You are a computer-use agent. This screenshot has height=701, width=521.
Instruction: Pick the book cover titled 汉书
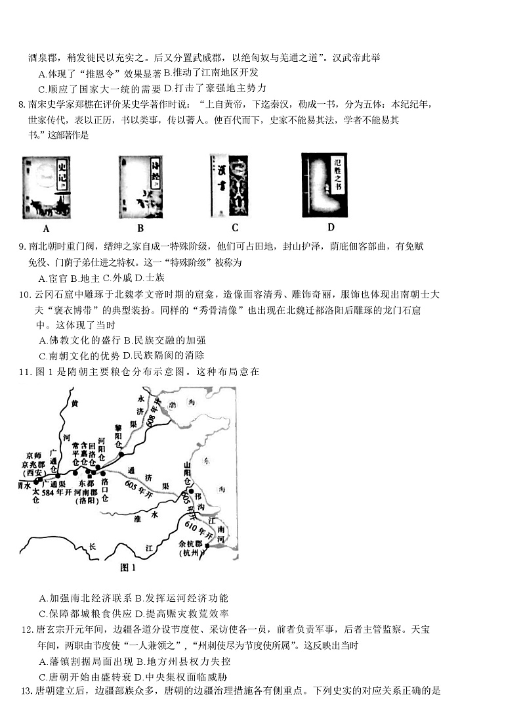[229, 185]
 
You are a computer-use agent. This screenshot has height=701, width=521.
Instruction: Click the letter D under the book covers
[331, 227]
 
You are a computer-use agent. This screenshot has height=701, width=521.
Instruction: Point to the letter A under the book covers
[46, 229]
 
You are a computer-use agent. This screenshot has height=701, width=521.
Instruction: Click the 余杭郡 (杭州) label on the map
[192, 549]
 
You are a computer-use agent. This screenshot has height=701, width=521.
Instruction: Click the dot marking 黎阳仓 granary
[121, 453]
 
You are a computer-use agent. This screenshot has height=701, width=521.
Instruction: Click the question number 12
[28, 629]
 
